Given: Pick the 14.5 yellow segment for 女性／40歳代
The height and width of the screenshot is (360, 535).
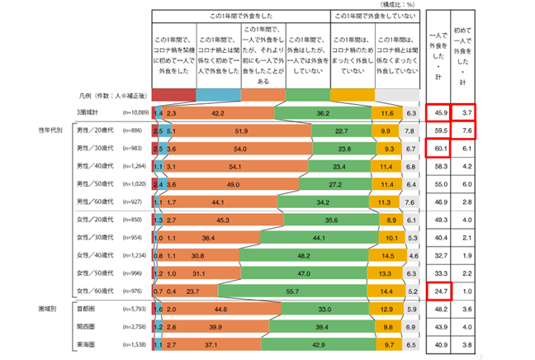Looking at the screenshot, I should [x=389, y=255].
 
